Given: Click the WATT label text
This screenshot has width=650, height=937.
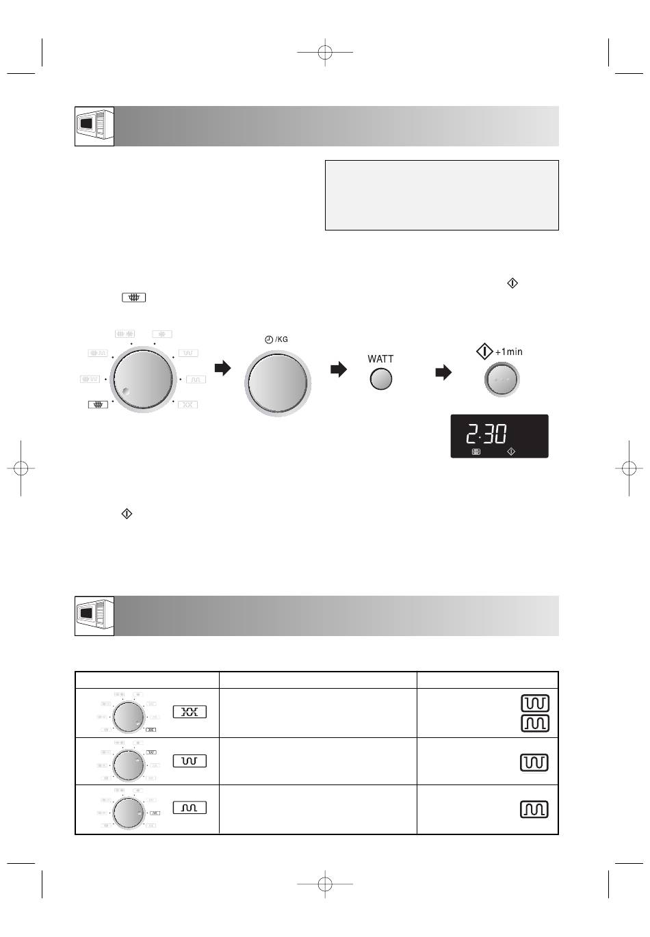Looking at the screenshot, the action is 380,359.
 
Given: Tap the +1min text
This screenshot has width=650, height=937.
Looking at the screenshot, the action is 508,352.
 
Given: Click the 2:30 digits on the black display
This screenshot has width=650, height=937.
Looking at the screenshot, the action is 486,434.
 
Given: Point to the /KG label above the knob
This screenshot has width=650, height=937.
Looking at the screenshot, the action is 281,339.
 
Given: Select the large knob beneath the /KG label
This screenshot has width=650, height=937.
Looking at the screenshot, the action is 278,383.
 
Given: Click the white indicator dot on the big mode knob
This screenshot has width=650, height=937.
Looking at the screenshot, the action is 125,391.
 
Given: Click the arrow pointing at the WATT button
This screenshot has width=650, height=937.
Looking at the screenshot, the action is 339,369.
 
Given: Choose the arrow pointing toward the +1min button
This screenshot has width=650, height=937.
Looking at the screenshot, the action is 443,372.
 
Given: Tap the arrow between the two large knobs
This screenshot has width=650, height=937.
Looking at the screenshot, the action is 222,368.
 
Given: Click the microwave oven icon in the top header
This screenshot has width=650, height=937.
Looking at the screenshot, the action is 94,127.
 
